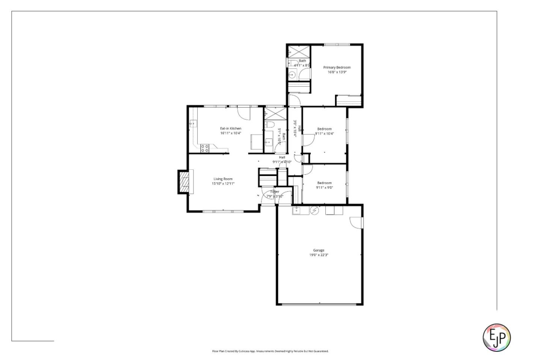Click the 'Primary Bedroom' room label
(x=337, y=68)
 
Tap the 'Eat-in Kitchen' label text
(x=231, y=128)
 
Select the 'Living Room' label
(x=223, y=179)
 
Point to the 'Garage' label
(x=319, y=250)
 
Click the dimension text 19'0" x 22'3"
(x=319, y=255)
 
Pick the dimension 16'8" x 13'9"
(x=337, y=72)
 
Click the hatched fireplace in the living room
(x=184, y=182)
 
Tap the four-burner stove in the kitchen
(x=205, y=148)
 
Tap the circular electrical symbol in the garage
(x=314, y=211)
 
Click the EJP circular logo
(x=496, y=337)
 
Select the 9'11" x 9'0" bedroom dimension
(x=324, y=187)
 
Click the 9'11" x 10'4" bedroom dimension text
(x=324, y=133)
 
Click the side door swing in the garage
(x=356, y=222)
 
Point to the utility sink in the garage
(x=296, y=210)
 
